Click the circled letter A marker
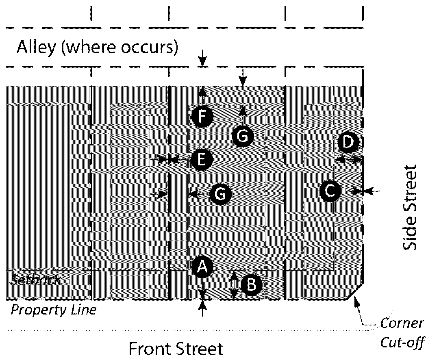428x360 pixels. [202, 267]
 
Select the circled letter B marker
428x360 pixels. [251, 285]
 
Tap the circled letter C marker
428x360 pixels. [330, 191]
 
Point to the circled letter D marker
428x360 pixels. [348, 142]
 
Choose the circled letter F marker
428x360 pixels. [202, 117]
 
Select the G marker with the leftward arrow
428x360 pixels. [220, 194]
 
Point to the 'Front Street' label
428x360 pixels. [176, 349]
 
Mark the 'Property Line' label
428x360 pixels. [54, 310]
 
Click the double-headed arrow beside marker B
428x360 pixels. [234, 286]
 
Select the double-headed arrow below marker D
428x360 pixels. [348, 160]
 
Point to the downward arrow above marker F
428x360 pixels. [202, 60]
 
